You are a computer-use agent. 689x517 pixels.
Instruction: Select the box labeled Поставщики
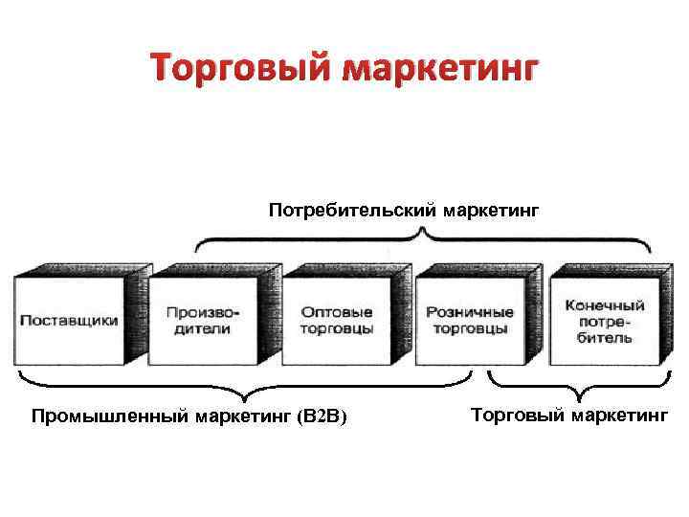[x=69, y=321]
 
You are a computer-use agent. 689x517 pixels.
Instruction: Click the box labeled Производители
[x=203, y=321]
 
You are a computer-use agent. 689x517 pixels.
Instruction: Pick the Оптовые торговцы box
[x=337, y=321]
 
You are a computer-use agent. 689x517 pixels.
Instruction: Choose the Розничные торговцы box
[x=469, y=321]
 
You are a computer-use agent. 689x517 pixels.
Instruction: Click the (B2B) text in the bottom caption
[x=322, y=416]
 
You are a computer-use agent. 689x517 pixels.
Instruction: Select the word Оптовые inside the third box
[x=337, y=312]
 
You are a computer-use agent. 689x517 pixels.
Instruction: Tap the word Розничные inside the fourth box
[x=469, y=312]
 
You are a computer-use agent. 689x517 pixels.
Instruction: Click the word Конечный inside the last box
[x=604, y=305]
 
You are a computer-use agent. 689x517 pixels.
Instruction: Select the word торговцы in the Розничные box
[x=469, y=329]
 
